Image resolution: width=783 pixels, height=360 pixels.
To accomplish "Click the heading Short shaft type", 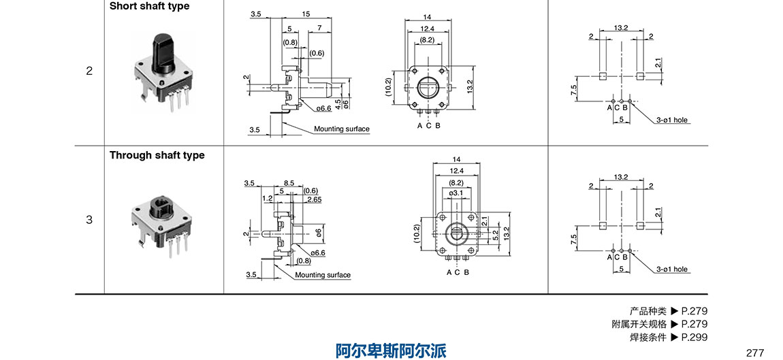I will click(150, 6).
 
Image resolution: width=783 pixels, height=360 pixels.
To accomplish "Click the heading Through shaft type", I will click(157, 155).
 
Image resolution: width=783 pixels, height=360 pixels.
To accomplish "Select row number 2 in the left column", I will click(89, 71).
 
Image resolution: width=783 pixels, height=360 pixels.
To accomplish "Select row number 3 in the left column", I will click(89, 220).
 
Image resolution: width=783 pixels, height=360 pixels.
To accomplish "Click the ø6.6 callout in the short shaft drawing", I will click(323, 108).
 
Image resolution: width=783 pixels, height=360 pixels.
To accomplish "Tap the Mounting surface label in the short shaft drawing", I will click(342, 129).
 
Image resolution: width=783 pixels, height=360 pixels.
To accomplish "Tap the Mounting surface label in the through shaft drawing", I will click(323, 275).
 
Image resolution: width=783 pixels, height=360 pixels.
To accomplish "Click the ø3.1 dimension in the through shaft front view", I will click(456, 193).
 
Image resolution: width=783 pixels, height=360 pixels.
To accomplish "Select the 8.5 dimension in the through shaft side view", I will click(289, 183).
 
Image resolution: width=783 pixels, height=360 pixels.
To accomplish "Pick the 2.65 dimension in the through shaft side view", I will click(314, 199).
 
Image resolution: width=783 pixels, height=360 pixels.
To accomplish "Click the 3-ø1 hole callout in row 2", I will click(672, 120).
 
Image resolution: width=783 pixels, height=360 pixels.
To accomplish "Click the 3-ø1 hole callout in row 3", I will click(672, 269).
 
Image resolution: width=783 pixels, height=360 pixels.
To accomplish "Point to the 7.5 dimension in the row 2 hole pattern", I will click(574, 88).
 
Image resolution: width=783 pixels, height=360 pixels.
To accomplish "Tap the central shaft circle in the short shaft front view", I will click(428, 87).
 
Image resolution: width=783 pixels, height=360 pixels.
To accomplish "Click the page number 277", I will click(755, 353).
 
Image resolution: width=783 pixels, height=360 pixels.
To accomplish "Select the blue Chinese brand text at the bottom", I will click(391, 350).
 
